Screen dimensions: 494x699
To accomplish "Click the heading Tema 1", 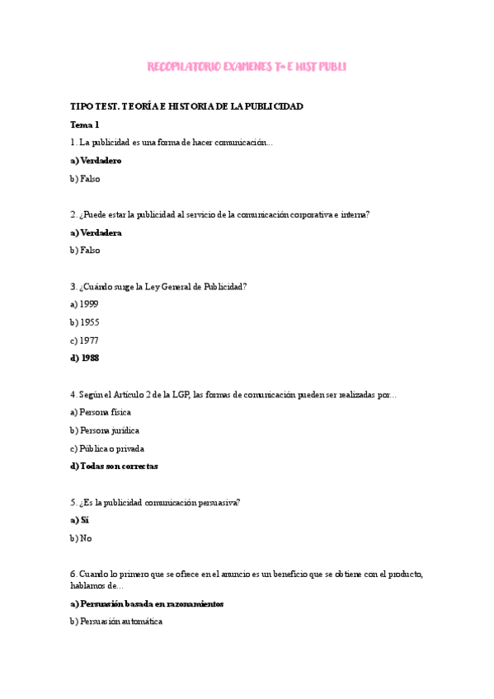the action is click(x=84, y=124).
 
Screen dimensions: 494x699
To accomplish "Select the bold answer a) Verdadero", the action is click(x=96, y=160).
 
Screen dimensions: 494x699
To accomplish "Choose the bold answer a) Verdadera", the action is click(x=96, y=232).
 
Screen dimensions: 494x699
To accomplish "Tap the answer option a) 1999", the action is click(x=84, y=304).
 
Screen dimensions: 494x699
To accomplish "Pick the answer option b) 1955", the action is click(x=84, y=322).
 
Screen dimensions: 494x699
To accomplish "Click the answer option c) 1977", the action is click(x=84, y=340).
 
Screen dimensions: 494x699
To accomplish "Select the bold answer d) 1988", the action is click(x=85, y=358).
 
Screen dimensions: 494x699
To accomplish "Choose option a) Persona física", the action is click(x=101, y=412).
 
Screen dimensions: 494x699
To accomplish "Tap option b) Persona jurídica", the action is click(x=105, y=430).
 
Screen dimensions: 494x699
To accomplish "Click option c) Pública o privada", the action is click(x=107, y=448).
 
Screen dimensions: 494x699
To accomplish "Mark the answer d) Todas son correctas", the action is click(x=114, y=466).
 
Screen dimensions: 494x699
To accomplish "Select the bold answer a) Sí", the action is click(x=79, y=520).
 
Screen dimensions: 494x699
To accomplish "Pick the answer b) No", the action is click(x=81, y=538).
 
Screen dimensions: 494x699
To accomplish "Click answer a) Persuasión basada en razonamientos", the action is click(x=147, y=603).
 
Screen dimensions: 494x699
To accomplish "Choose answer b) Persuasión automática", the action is click(x=116, y=622).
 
